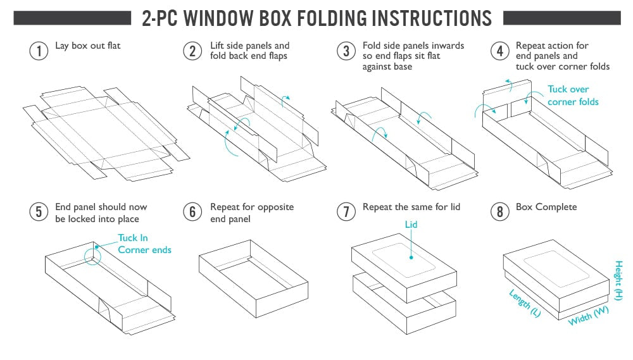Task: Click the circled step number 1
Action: point(39,51)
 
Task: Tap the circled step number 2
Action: point(192,51)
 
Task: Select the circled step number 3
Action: point(346,51)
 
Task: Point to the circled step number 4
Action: point(500,51)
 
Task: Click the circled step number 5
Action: point(39,211)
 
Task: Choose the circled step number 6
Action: point(192,211)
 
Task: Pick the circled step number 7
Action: point(346,211)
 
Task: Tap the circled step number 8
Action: point(500,211)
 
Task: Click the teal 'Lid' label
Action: point(411,225)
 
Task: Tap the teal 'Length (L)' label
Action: point(525,303)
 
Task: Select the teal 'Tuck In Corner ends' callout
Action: point(144,244)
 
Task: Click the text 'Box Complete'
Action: point(546,207)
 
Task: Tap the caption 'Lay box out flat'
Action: point(87,46)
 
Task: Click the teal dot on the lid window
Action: point(411,258)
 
